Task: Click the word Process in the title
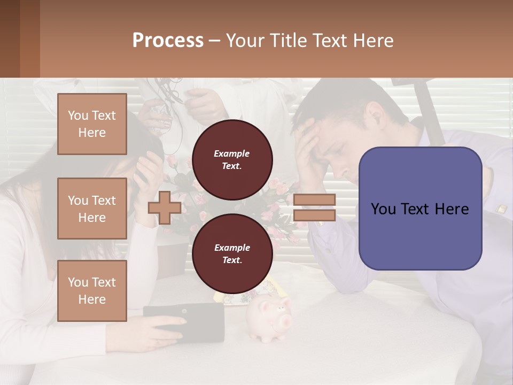[168, 41]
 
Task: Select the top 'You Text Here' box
[92, 124]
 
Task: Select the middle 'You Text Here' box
[92, 209]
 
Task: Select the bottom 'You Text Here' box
[92, 290]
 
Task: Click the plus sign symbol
[164, 207]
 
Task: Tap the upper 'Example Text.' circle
[232, 159]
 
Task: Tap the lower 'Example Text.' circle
[232, 253]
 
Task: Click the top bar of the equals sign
[314, 199]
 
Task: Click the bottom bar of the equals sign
[314, 215]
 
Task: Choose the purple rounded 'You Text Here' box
[420, 209]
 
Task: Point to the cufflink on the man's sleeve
[501, 209]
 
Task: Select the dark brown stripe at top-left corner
[10, 38]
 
